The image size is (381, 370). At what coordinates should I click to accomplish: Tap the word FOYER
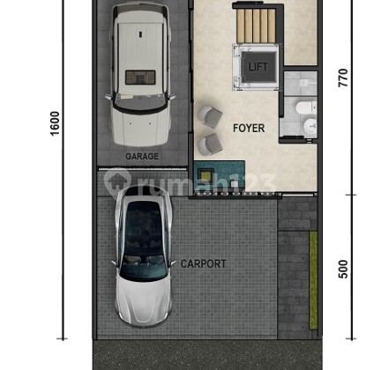point(248,129)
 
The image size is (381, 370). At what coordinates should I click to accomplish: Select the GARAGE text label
point(141,157)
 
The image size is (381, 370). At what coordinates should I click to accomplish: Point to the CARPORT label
point(204,263)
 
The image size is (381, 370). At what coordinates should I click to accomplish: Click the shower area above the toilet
point(300,84)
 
